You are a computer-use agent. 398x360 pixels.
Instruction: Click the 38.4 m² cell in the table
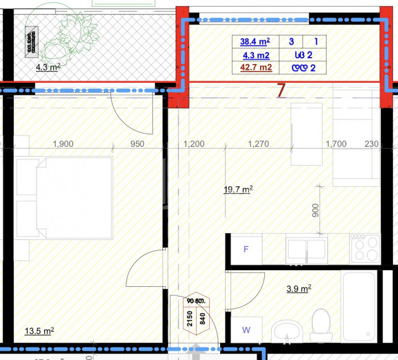pyautogui.click(x=255, y=42)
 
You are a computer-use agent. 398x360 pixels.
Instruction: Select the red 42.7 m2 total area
pyautogui.click(x=256, y=68)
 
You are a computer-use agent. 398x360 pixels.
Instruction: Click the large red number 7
pyautogui.click(x=281, y=90)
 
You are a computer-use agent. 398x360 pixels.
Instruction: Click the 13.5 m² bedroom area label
pyautogui.click(x=39, y=331)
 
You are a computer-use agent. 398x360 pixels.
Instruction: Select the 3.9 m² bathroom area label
pyautogui.click(x=298, y=289)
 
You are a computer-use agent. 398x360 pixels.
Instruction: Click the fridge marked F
pyautogui.click(x=246, y=249)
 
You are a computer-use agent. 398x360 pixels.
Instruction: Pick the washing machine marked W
pyautogui.click(x=246, y=330)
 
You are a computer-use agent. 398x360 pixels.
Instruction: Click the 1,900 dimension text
pyautogui.click(x=62, y=144)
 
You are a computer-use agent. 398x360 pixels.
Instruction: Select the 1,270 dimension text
pyautogui.click(x=258, y=144)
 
